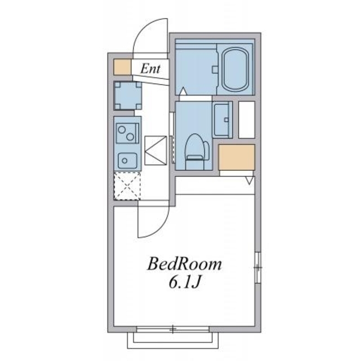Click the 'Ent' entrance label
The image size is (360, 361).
(x=150, y=69)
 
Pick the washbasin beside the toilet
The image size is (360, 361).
(x=222, y=119)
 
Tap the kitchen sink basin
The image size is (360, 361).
(x=126, y=160)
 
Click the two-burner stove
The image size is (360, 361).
(x=127, y=134)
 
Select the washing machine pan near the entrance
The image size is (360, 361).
(x=127, y=95)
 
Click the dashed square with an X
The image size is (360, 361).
(x=127, y=186)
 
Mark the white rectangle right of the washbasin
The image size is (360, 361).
(x=247, y=118)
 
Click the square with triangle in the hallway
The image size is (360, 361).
(x=156, y=151)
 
